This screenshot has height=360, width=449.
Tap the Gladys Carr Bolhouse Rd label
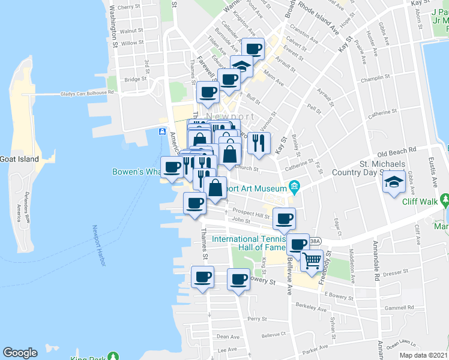pos(87,94)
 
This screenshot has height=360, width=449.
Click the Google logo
pos(20,353)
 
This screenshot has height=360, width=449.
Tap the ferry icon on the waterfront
pos(162,131)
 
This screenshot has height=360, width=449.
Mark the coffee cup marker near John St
pos(284,218)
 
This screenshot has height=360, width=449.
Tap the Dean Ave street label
pos(228,337)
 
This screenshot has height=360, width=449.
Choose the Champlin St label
pos(377,79)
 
